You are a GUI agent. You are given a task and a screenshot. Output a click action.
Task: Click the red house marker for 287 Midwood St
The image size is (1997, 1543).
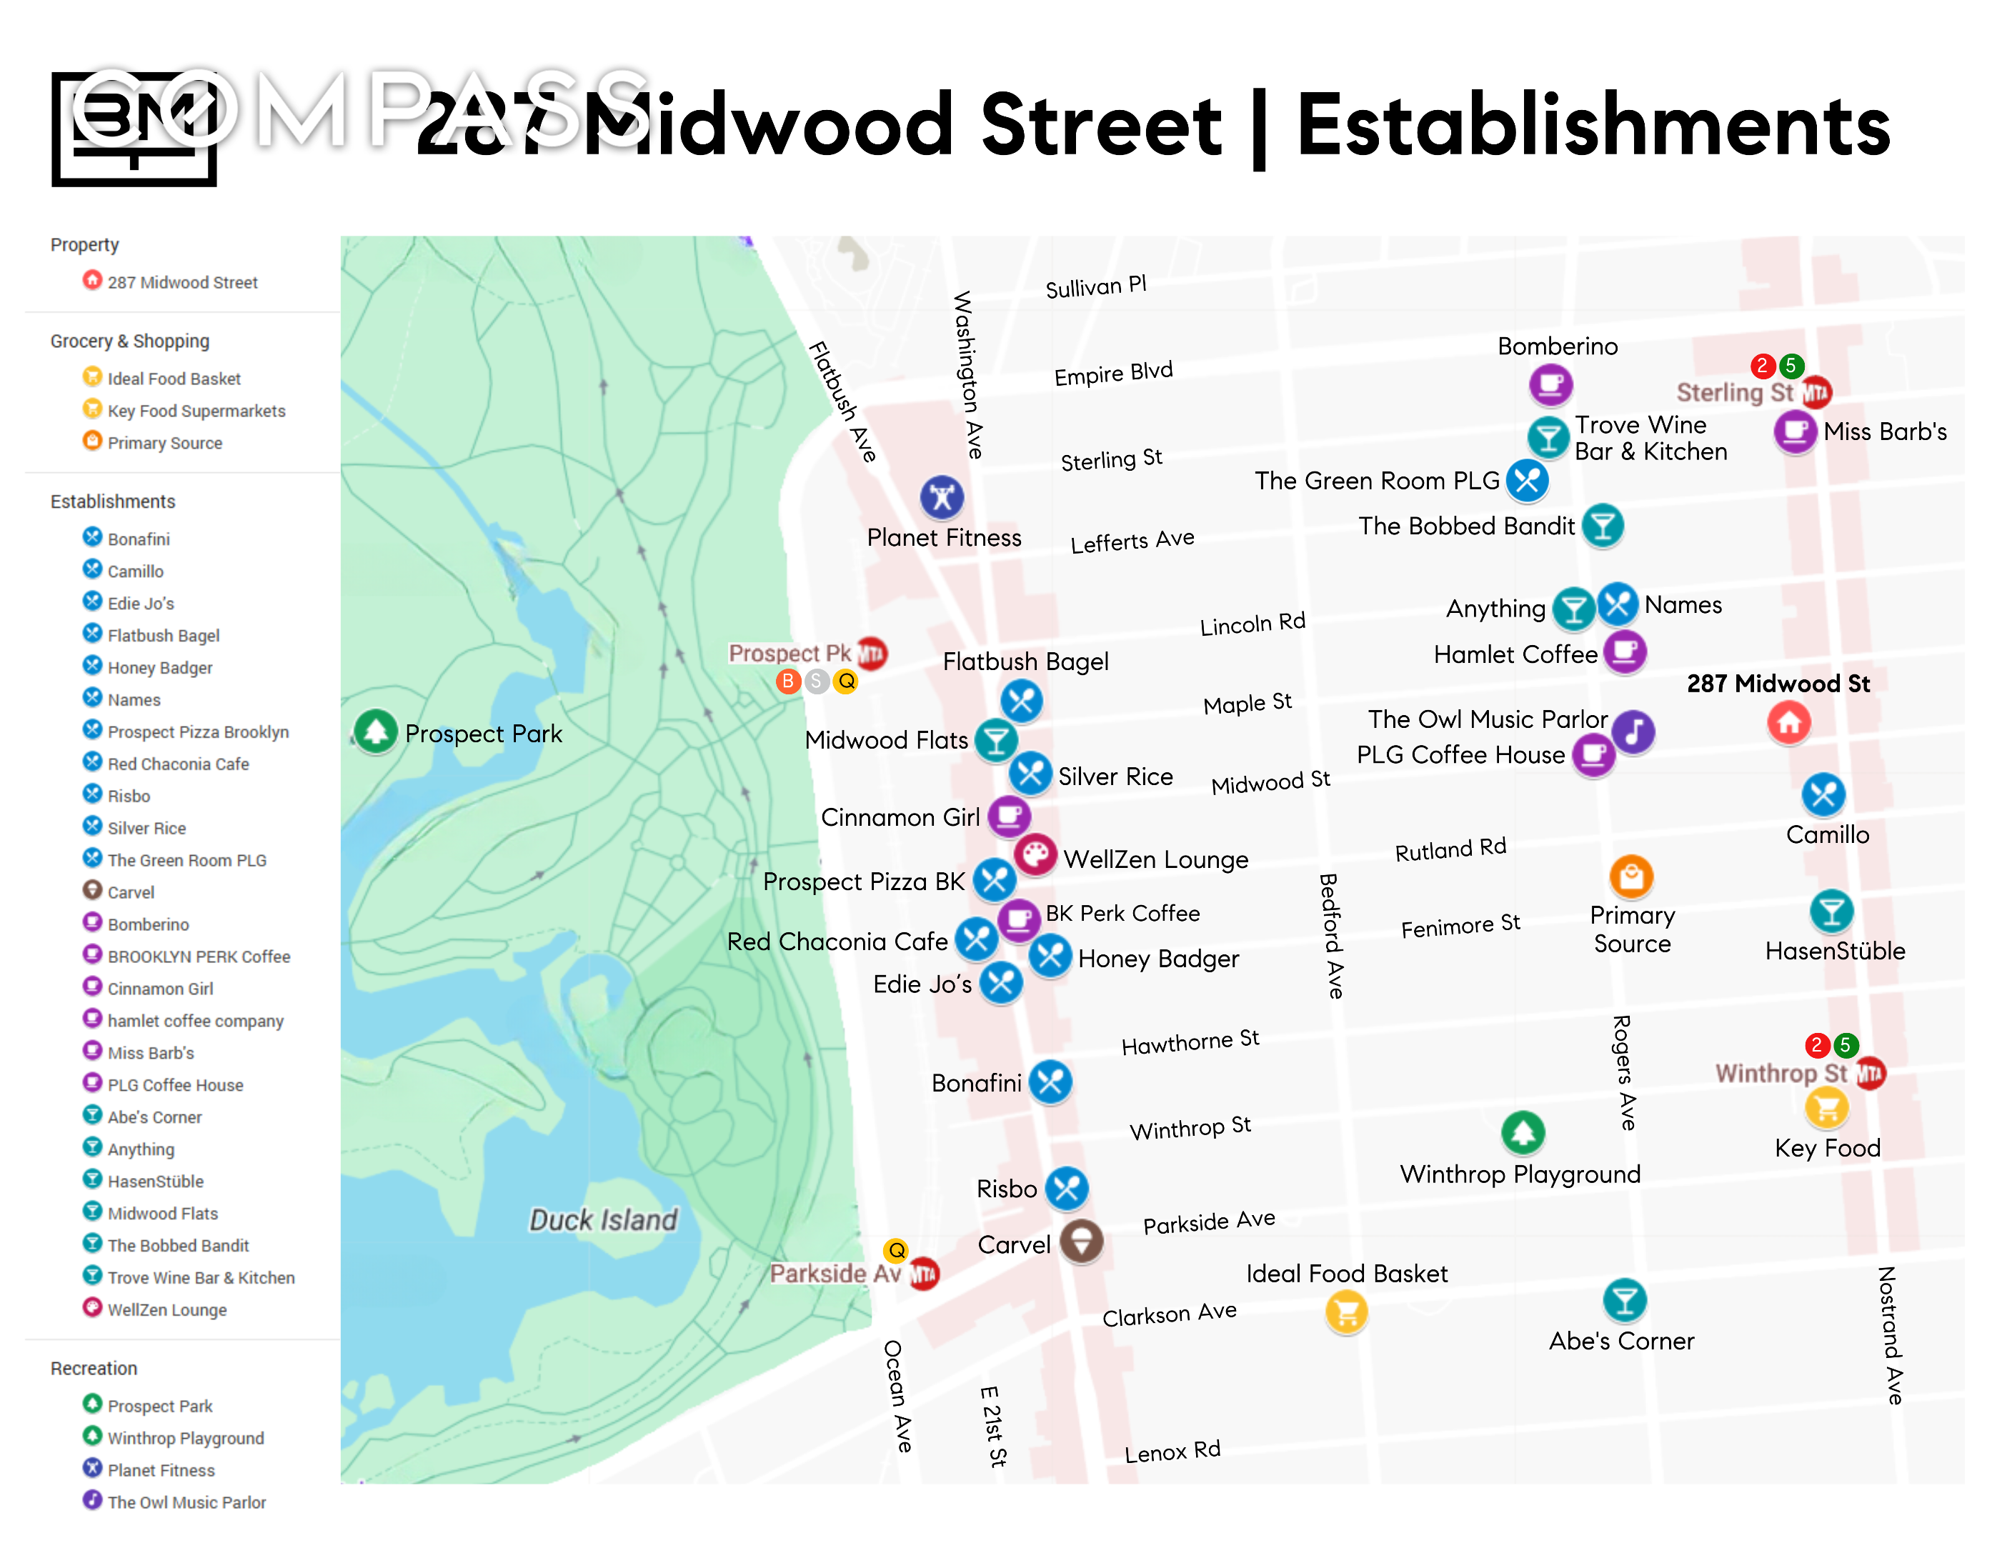click(x=1788, y=722)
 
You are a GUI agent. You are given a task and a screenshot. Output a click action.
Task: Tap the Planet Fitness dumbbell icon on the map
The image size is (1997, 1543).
click(x=941, y=497)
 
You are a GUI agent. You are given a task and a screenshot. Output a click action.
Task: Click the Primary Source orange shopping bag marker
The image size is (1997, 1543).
click(x=1630, y=877)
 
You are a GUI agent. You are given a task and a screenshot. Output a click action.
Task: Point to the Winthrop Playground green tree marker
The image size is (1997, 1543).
click(x=1523, y=1132)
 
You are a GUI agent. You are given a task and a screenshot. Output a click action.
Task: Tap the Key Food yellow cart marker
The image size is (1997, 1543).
click(x=1826, y=1108)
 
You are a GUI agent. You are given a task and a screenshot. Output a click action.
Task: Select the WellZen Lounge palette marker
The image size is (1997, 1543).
click(x=1035, y=854)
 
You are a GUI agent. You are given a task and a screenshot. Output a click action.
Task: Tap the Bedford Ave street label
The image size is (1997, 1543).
click(x=1331, y=935)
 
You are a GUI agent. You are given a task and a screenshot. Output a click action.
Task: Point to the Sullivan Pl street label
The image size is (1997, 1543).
click(x=1095, y=287)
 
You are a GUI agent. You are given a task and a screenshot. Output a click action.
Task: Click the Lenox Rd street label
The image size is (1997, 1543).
click(x=1172, y=1451)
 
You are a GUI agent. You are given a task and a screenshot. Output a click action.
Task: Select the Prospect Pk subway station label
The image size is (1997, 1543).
click(x=789, y=653)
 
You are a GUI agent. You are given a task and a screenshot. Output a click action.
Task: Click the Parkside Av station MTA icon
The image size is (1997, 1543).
click(x=924, y=1274)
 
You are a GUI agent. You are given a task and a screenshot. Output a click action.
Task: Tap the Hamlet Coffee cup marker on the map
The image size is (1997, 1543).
click(x=1625, y=651)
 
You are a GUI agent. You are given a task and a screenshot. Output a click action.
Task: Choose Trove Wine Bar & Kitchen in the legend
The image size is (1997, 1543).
click(x=200, y=1277)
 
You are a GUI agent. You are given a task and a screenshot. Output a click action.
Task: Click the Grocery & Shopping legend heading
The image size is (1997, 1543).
click(x=130, y=341)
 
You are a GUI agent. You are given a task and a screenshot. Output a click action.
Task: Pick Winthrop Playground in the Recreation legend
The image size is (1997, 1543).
click(x=185, y=1438)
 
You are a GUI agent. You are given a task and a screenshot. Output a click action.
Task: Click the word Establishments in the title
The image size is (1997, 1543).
click(x=1592, y=126)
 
